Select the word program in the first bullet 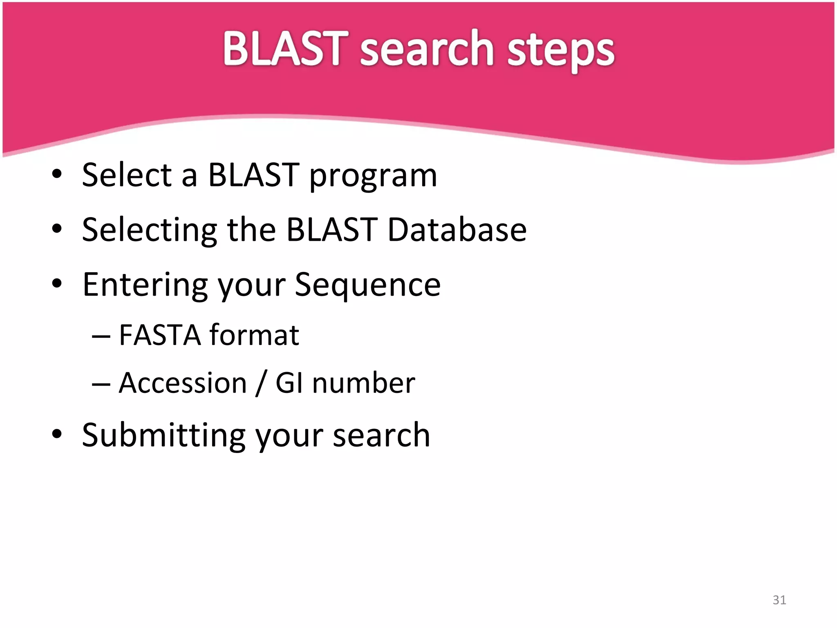(x=373, y=176)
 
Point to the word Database (x=457, y=230)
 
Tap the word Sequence (x=367, y=285)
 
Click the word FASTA (x=160, y=335)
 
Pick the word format (x=254, y=335)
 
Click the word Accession (x=183, y=383)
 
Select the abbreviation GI (x=289, y=383)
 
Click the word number (x=363, y=383)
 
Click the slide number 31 (x=779, y=600)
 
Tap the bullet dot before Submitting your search (x=57, y=434)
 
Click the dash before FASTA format (x=101, y=336)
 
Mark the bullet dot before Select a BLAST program (x=57, y=174)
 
